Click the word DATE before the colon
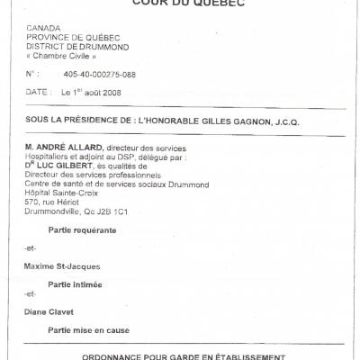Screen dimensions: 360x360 (37, 92)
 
